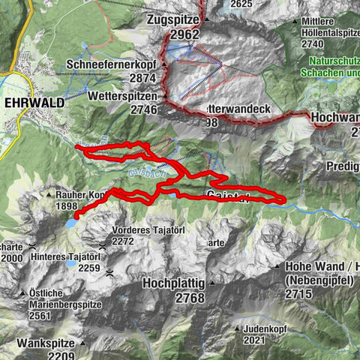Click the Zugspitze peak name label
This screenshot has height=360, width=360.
click(x=177, y=19)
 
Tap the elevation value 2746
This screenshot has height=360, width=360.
click(x=140, y=109)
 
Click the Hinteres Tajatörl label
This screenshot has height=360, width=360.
click(x=66, y=256)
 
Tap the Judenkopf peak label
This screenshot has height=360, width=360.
click(x=268, y=328)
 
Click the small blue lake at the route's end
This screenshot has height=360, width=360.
click(x=70, y=223)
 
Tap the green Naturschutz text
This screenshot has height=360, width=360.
click(x=330, y=66)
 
